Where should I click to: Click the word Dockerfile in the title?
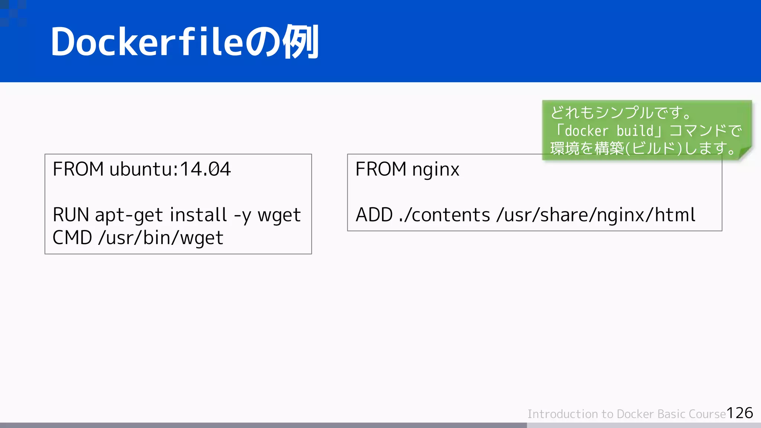tap(146, 42)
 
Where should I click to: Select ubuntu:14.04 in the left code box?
tap(170, 169)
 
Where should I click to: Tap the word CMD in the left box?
tap(72, 238)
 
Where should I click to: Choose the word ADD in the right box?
tap(374, 215)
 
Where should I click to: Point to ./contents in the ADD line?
tap(444, 215)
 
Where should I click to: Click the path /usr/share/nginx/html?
tap(596, 215)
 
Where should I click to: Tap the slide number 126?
tap(739, 413)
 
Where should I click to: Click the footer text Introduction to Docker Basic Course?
tap(626, 414)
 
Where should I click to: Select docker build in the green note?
tap(609, 131)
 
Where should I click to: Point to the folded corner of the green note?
tap(744, 153)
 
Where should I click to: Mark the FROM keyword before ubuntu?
tap(78, 169)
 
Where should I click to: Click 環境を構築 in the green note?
tap(587, 149)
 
